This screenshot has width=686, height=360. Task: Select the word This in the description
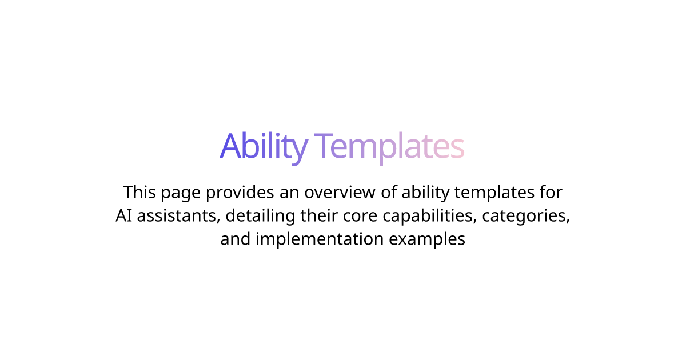click(x=139, y=192)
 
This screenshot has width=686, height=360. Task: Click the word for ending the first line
click(x=551, y=192)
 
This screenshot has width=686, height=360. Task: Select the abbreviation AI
click(x=123, y=215)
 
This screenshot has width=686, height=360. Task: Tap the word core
click(x=360, y=217)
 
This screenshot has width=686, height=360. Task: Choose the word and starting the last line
click(x=236, y=239)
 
